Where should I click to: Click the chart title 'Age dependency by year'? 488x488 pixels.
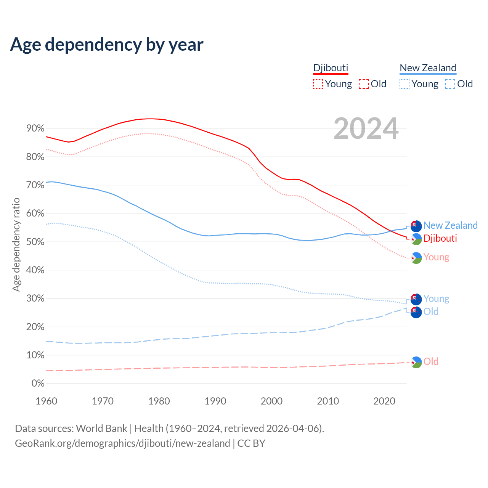click(107, 45)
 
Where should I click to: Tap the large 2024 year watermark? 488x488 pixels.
click(366, 129)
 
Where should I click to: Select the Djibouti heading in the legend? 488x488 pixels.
click(331, 68)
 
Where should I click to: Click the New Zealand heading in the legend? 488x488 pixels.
click(428, 68)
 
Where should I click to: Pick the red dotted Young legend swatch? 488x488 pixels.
click(318, 84)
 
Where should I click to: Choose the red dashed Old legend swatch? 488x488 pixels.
click(364, 84)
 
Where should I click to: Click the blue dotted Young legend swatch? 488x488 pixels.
click(405, 84)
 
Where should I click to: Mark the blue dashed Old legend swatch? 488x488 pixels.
click(450, 84)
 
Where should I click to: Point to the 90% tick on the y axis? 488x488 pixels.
click(35, 128)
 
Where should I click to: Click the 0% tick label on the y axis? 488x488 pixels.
click(38, 384)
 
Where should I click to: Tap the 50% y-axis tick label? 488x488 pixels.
click(35, 242)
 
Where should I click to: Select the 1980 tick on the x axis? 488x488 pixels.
click(159, 401)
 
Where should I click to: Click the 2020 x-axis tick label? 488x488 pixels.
click(384, 401)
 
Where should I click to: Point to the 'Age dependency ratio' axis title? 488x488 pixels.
click(16, 244)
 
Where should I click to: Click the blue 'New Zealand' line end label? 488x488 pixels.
click(450, 225)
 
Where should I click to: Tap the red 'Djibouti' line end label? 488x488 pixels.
click(440, 238)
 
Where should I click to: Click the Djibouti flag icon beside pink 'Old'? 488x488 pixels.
click(416, 362)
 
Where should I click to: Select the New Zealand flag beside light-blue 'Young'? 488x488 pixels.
click(416, 299)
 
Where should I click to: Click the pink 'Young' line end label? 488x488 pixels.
click(436, 257)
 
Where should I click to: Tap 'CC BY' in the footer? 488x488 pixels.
click(251, 443)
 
